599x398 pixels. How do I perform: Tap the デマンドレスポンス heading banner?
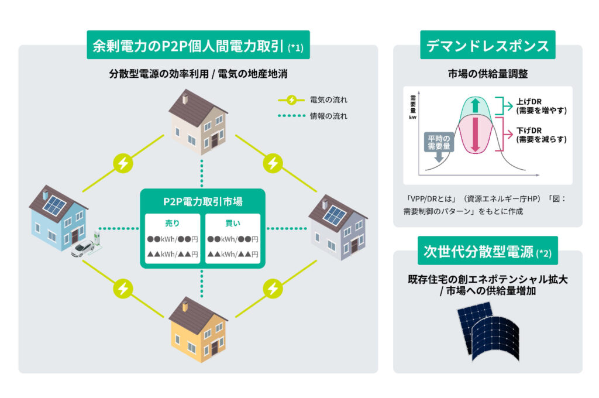[487, 46]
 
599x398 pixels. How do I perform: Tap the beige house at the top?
[198, 122]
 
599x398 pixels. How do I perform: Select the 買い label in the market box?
[232, 223]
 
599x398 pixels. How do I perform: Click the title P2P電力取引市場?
[202, 202]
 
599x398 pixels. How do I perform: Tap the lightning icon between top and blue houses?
[122, 163]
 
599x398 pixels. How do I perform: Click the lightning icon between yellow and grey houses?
[272, 288]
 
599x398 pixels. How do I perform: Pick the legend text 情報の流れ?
[329, 116]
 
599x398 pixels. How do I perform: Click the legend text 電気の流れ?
[329, 99]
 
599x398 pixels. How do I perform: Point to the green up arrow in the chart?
[474, 106]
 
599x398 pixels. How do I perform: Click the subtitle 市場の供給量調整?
[487, 74]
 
